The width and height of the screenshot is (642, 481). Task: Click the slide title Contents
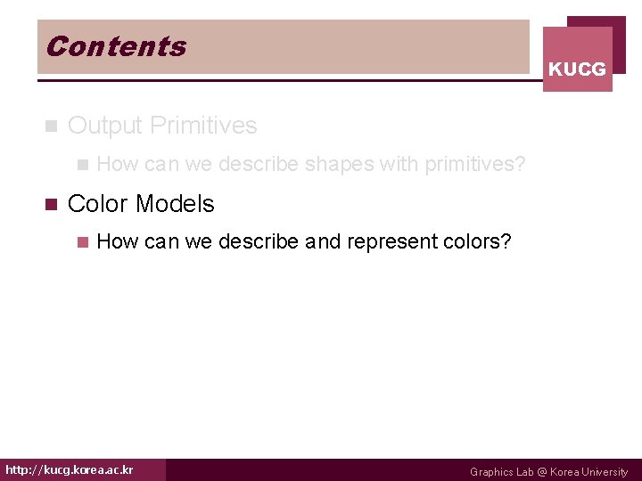tap(116, 46)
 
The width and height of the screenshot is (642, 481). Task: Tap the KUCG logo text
tap(577, 69)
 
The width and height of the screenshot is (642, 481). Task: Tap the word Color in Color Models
tap(97, 204)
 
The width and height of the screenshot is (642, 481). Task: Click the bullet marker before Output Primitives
tap(50, 126)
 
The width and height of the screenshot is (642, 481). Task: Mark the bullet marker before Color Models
tap(50, 204)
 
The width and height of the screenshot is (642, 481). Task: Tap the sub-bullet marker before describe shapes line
tap(82, 165)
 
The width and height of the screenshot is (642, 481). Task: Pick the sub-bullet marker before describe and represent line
tap(82, 241)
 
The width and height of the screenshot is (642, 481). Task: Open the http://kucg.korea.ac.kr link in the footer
tap(70, 469)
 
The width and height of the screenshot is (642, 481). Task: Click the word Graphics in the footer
tap(491, 472)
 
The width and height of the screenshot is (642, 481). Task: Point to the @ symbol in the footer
tap(539, 472)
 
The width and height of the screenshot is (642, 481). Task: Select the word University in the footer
tap(605, 472)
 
